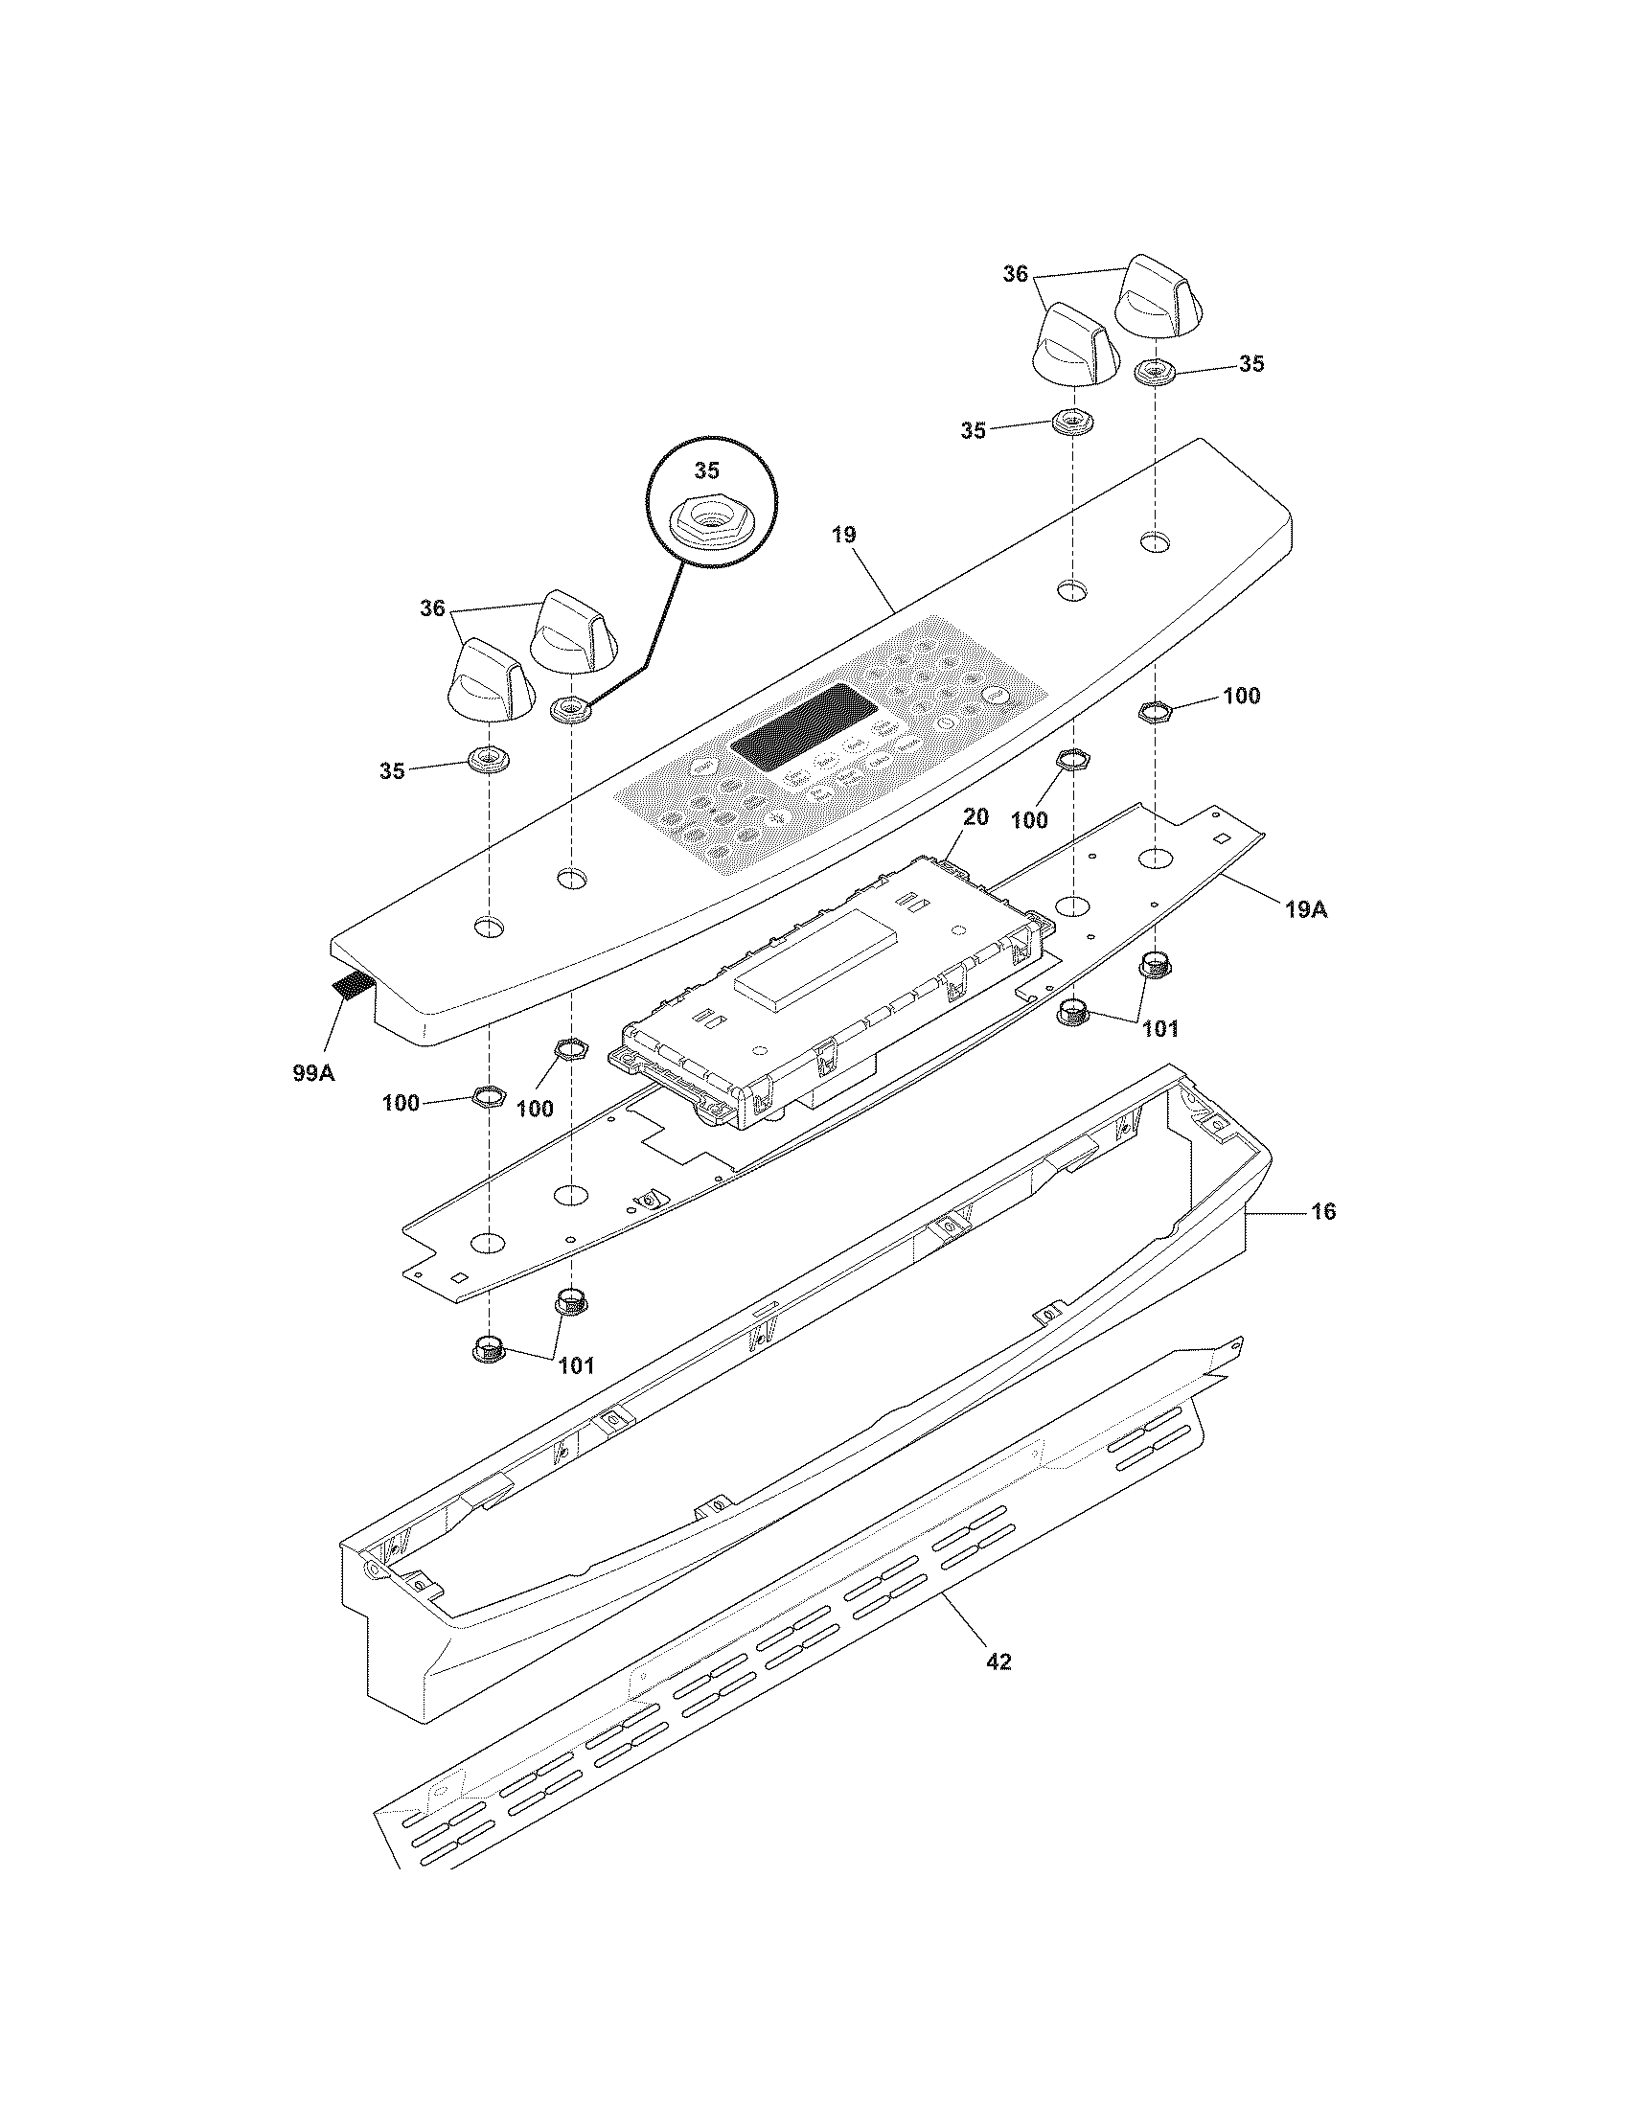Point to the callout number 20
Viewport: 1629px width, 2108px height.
click(x=975, y=816)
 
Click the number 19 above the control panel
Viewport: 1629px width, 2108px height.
click(x=843, y=535)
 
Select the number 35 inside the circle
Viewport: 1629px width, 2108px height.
click(x=707, y=470)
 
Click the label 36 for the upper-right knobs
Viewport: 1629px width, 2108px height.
click(x=1015, y=274)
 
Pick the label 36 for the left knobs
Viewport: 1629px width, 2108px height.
click(x=432, y=608)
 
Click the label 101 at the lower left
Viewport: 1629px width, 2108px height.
click(x=575, y=1364)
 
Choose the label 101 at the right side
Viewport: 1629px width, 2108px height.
click(x=1160, y=1029)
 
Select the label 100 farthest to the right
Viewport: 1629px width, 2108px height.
click(x=1241, y=696)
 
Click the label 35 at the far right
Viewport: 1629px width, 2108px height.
click(x=1251, y=364)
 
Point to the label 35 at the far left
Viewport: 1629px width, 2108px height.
click(x=392, y=771)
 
